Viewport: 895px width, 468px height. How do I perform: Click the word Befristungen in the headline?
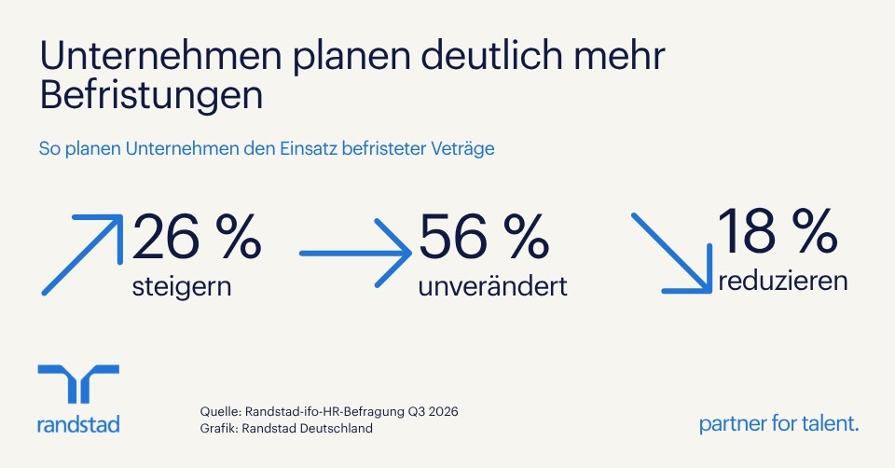point(151,96)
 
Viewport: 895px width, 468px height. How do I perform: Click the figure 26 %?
point(197,237)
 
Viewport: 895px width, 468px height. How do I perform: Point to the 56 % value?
point(484,237)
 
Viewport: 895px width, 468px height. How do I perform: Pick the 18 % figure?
point(777,231)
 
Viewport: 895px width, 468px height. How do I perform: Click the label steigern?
point(182,286)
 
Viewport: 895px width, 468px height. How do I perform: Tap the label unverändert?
point(492,286)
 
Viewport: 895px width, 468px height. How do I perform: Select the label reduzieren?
point(782,281)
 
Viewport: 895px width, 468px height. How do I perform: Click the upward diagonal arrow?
point(82,255)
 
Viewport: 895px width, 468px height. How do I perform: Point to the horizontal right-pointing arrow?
point(355,253)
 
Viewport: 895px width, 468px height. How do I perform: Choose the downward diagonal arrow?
point(672,254)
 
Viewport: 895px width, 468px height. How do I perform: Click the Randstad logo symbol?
point(78,383)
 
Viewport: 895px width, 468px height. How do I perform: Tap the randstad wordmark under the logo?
point(78,424)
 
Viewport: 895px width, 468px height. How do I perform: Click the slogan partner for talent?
point(778,423)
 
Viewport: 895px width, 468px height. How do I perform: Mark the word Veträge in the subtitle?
point(462,149)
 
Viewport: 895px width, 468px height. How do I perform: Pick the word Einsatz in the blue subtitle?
point(309,149)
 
